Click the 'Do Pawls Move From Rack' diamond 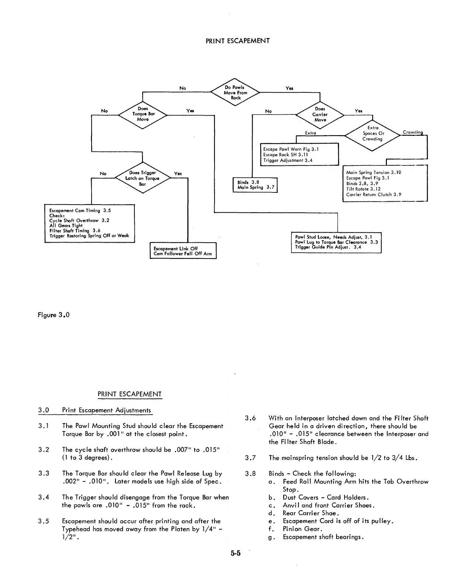[235, 93]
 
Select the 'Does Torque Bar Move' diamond [143, 114]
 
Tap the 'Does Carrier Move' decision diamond [320, 114]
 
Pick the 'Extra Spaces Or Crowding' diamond [372, 134]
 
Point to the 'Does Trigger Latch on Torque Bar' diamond [143, 178]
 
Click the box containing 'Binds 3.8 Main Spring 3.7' [255, 185]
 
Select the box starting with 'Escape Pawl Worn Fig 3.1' [299, 155]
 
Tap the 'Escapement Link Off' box [183, 251]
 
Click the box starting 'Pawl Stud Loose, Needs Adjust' [336, 242]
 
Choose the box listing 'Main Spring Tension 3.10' [385, 183]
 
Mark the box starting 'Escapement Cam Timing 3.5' [89, 223]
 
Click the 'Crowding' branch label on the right [412, 132]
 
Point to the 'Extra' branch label [310, 133]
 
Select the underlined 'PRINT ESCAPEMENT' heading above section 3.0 [130, 394]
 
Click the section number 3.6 [250, 418]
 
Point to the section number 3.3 [44, 473]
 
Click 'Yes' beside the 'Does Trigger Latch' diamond [178, 174]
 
